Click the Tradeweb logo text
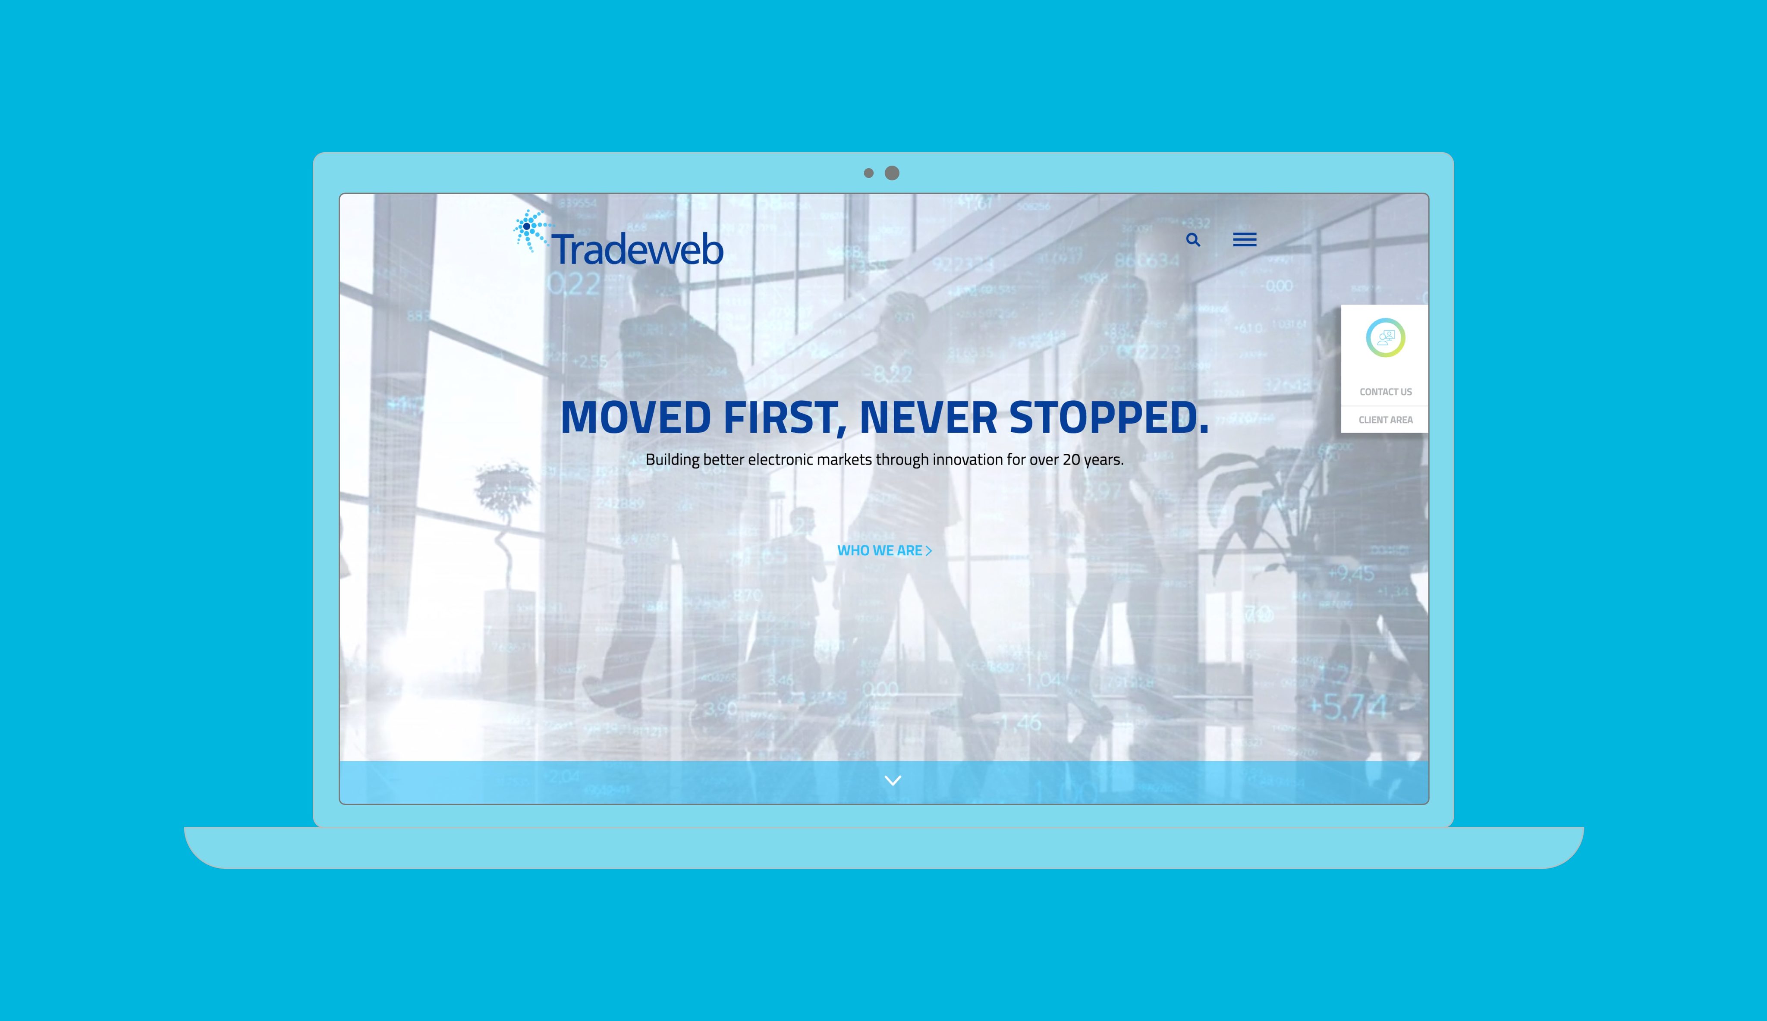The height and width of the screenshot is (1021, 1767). point(637,249)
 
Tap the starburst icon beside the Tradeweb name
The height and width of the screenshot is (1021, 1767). point(529,229)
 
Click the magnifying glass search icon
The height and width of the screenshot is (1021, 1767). point(1193,240)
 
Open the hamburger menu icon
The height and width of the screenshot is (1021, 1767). point(1245,240)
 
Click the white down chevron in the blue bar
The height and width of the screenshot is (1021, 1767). point(893,780)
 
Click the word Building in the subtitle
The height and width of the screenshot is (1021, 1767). point(673,460)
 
